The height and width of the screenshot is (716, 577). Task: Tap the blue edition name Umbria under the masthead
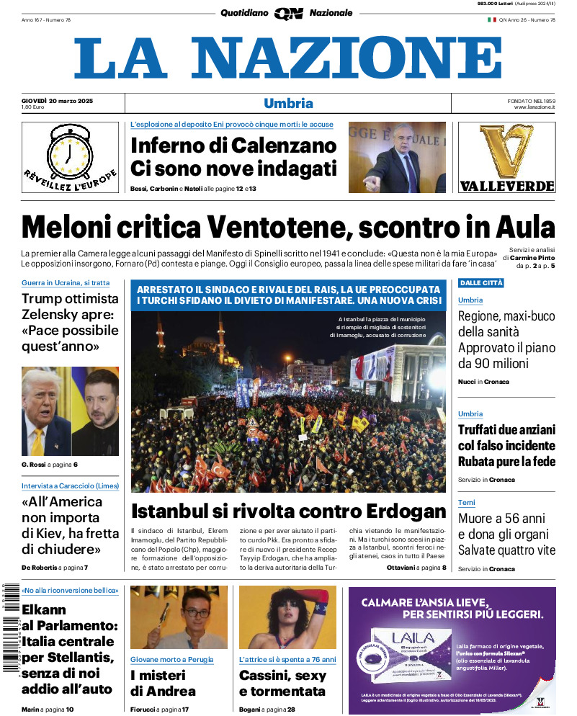[288, 103]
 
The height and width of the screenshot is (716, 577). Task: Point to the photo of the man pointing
[397, 157]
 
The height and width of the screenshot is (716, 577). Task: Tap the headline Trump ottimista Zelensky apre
[70, 322]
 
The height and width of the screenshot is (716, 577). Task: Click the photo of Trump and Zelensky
[70, 411]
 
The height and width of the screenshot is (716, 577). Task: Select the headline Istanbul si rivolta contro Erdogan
[288, 511]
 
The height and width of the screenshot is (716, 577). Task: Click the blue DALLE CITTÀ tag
[480, 283]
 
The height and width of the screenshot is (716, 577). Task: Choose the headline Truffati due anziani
[506, 445]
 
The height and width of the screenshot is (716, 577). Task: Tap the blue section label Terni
[466, 503]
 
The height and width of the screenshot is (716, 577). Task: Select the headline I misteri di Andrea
[163, 683]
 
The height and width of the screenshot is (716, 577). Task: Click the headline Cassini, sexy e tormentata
[282, 683]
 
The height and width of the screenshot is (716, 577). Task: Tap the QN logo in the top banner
[288, 12]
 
